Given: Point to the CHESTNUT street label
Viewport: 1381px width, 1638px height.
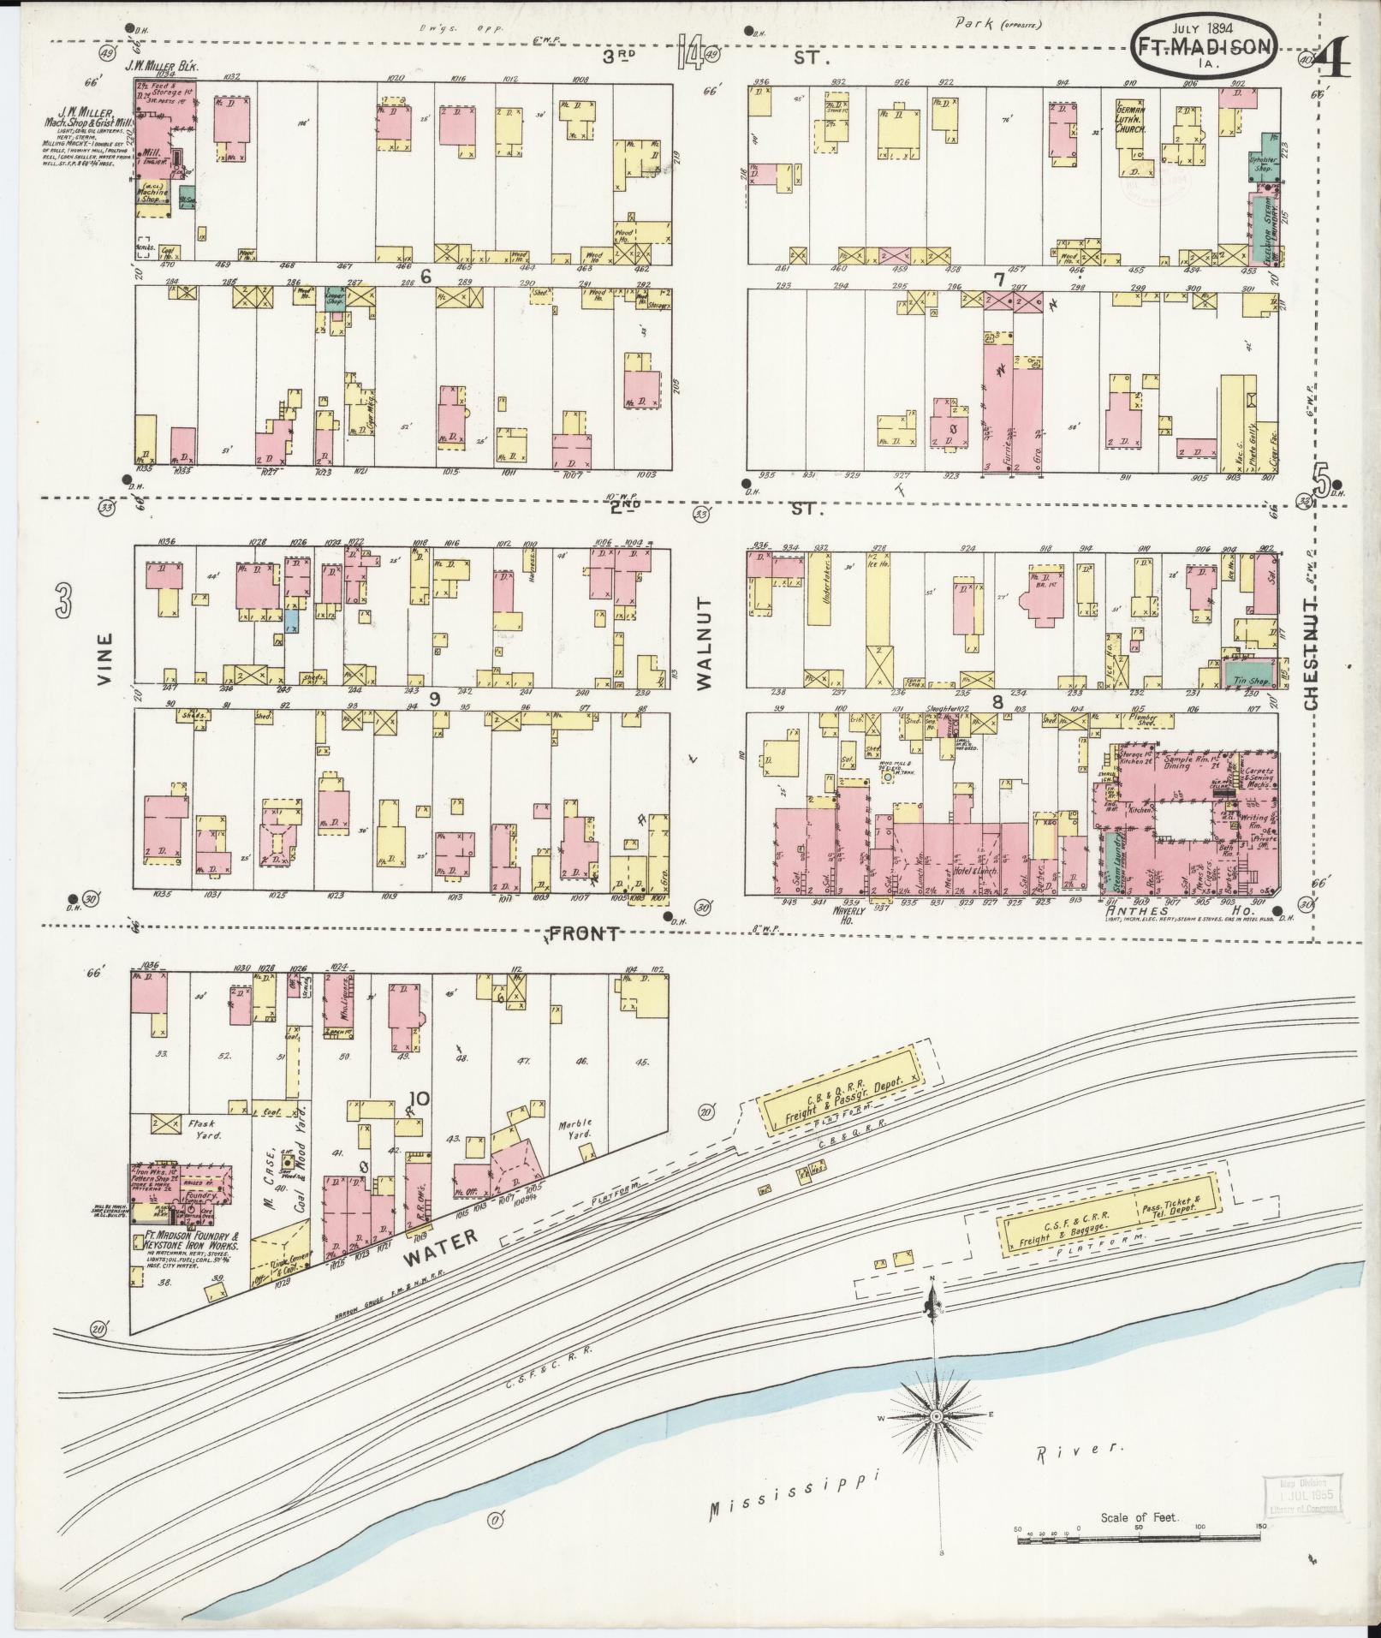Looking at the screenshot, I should (x=1311, y=642).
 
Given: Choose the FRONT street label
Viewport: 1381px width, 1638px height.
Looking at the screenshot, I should (x=584, y=933).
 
